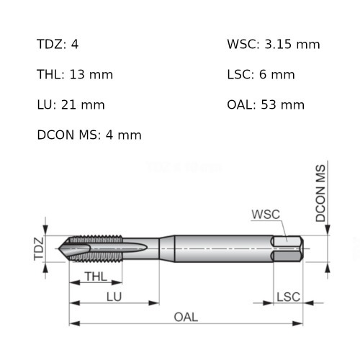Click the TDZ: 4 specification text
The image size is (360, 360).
(58, 45)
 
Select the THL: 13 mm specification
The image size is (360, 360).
(74, 75)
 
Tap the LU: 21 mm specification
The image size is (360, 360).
(71, 105)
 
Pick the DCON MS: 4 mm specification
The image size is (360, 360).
(89, 135)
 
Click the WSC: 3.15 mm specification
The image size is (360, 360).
(273, 45)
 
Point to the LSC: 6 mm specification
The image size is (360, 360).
(261, 75)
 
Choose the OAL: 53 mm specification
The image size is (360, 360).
(265, 105)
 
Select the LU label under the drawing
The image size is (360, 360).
(114, 297)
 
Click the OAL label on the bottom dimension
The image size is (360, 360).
(186, 318)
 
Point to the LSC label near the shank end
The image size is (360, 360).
(288, 297)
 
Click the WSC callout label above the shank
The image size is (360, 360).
(266, 215)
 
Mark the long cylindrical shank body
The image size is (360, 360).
(216, 248)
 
